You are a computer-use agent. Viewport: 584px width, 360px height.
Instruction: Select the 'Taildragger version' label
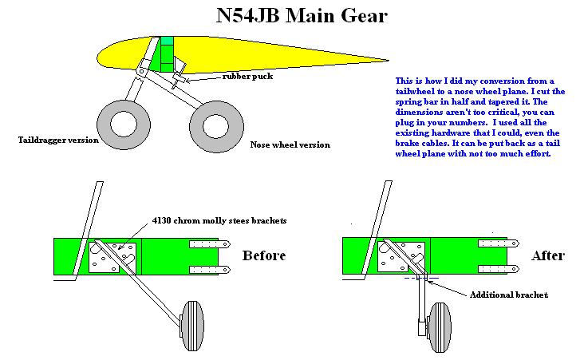(x=58, y=140)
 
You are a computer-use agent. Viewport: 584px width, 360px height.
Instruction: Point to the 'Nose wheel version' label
(x=290, y=144)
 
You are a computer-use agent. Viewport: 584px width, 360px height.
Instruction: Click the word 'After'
(x=547, y=255)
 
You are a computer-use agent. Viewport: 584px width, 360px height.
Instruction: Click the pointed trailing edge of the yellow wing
(x=386, y=59)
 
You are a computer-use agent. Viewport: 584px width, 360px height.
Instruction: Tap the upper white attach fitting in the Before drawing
(x=210, y=245)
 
